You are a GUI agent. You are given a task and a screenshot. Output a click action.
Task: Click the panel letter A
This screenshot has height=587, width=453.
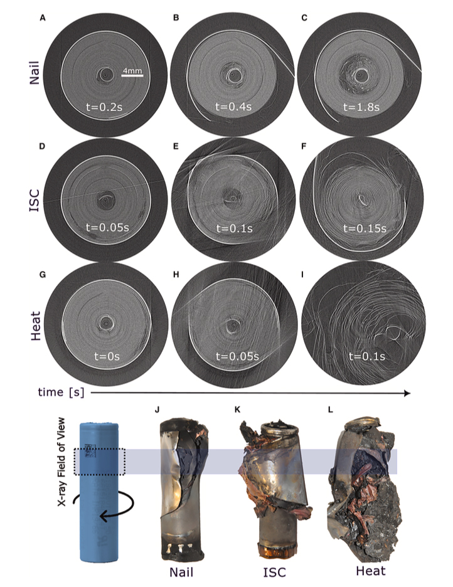(43, 18)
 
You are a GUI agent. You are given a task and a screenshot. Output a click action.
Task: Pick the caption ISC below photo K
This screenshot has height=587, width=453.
(275, 571)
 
